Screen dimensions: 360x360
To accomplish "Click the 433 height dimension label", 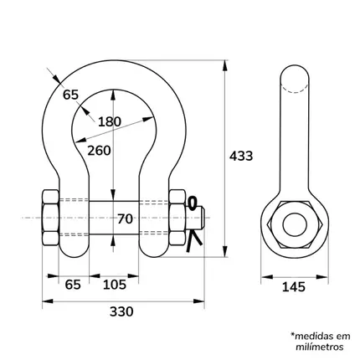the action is point(241,156).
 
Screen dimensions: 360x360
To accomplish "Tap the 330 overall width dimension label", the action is point(121,311).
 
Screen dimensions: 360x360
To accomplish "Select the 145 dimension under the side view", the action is point(294,286).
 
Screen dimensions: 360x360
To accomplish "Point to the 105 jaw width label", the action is point(115,285).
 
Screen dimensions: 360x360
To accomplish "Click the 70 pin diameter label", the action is point(125,219).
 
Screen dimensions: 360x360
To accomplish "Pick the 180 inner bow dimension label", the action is point(110,121).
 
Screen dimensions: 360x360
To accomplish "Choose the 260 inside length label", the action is point(99,151).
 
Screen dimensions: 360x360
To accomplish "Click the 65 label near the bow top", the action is point(70,95).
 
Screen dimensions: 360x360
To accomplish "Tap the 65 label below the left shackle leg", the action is point(73,285).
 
